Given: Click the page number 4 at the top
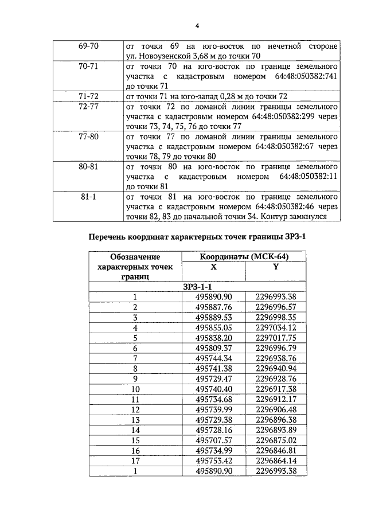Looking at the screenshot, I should click(x=197, y=26).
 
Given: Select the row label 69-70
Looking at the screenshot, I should click(x=88, y=45).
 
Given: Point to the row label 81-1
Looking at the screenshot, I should click(x=88, y=197).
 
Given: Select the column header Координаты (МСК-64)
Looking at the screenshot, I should click(x=243, y=257).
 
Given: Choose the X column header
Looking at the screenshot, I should click(x=213, y=267).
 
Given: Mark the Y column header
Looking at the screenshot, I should click(x=276, y=267).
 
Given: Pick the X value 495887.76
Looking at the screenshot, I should click(x=213, y=307).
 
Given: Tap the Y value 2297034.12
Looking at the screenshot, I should click(x=276, y=327).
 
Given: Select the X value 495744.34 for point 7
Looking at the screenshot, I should click(x=213, y=358).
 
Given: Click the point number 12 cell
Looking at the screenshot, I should click(x=135, y=409).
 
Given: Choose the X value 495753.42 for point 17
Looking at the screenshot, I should click(x=213, y=461).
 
